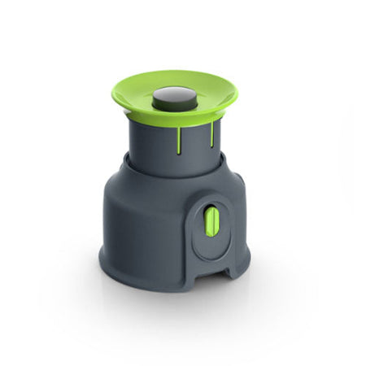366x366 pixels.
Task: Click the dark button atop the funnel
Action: pyautogui.click(x=173, y=98)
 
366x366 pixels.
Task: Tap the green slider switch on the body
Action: pyautogui.click(x=211, y=220)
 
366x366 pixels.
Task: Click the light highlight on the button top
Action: pyautogui.click(x=173, y=92)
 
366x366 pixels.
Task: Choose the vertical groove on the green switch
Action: pyautogui.click(x=211, y=221)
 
